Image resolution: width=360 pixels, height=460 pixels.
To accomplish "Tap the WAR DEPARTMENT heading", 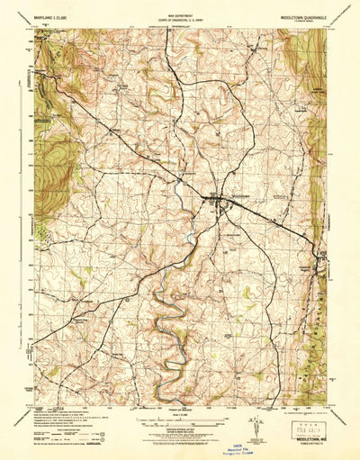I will pyautogui.click(x=180, y=12).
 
